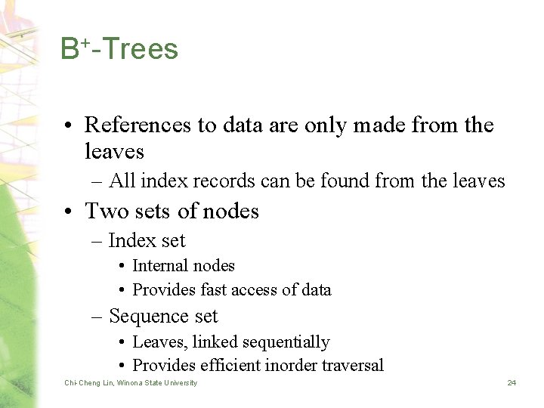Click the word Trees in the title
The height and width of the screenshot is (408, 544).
point(141,50)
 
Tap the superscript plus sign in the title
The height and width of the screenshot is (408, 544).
point(86,42)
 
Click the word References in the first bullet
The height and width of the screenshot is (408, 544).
point(138,125)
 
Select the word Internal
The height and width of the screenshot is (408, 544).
point(161,266)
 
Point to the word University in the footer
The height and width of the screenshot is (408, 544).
point(181,383)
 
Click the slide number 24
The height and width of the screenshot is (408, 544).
point(512,383)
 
